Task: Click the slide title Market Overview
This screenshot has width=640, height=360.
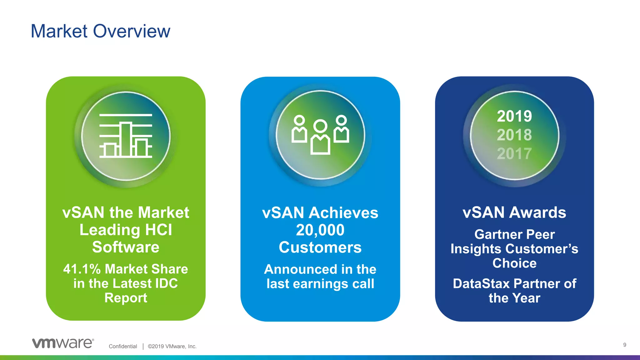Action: [x=100, y=31]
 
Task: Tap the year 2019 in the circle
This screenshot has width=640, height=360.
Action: [x=514, y=116]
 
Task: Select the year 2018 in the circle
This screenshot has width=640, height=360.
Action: [x=514, y=135]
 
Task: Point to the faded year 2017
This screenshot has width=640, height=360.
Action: [x=514, y=153]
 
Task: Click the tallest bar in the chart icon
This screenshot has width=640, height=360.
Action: [x=126, y=139]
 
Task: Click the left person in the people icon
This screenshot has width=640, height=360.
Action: [x=299, y=129]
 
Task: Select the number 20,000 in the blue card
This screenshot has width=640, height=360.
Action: [x=320, y=230]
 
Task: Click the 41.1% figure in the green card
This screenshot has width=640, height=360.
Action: [x=82, y=269]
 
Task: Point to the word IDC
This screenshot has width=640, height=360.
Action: [x=166, y=283]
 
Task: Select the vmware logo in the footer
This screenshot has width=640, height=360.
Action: [x=63, y=343]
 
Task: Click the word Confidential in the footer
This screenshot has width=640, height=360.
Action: [x=123, y=346]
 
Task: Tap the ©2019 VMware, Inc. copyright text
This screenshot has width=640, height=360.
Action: [x=172, y=346]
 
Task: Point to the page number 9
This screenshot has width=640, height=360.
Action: [x=625, y=345]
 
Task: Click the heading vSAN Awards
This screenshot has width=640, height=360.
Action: [x=514, y=212]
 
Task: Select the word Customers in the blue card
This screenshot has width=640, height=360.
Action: [x=320, y=247]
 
